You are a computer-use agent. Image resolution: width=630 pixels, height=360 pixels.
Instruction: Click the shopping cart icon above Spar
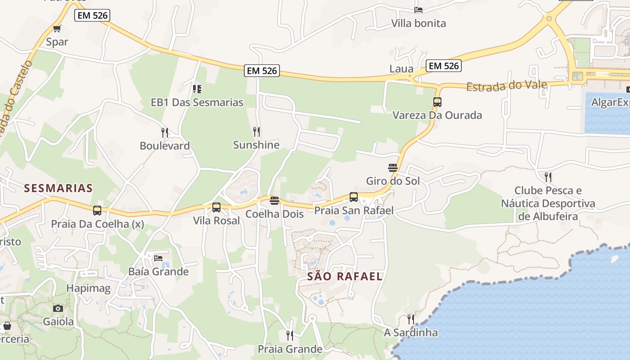click(x=57, y=29)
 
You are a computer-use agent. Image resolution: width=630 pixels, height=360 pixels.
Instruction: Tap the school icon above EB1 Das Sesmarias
click(x=197, y=89)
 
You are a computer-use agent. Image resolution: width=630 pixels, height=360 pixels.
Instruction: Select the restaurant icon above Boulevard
click(x=165, y=132)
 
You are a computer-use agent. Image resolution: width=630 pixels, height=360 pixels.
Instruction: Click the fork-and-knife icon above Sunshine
click(x=256, y=131)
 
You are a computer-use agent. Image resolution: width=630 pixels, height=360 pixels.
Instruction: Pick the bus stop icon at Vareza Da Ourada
click(x=437, y=102)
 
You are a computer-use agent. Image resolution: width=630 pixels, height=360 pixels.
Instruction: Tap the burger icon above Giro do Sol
click(x=393, y=168)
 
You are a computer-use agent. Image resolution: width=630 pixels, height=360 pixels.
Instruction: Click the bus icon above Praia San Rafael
click(x=354, y=197)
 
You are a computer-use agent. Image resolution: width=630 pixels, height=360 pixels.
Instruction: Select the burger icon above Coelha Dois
click(x=274, y=200)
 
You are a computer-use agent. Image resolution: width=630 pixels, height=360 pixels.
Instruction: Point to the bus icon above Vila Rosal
click(x=216, y=207)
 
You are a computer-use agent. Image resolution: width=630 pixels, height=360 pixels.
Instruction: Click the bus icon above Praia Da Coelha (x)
click(x=97, y=210)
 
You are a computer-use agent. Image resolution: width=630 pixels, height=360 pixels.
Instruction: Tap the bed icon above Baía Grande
click(x=158, y=258)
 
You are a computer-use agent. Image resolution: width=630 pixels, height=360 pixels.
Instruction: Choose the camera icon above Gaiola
click(x=58, y=308)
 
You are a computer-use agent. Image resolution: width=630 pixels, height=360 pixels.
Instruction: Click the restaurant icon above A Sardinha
click(x=411, y=319)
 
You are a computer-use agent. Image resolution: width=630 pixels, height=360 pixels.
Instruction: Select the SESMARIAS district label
click(x=58, y=188)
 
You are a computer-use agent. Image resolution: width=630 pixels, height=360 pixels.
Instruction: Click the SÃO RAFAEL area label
click(x=345, y=276)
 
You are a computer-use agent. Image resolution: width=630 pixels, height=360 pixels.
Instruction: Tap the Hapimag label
click(x=88, y=288)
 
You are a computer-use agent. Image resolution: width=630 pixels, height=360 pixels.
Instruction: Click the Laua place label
click(x=401, y=69)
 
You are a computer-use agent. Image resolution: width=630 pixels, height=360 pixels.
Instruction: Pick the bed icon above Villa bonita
click(x=418, y=10)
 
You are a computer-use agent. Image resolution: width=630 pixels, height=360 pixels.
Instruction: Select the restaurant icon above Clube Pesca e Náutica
click(x=548, y=177)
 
